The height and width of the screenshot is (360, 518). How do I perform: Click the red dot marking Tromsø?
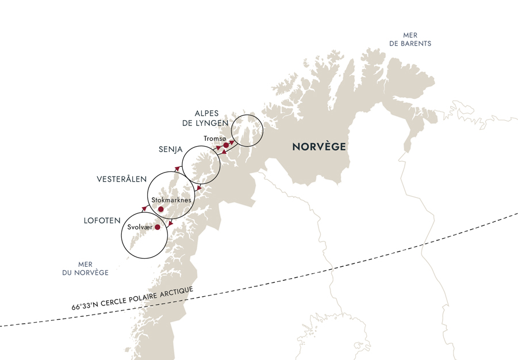click(226, 145)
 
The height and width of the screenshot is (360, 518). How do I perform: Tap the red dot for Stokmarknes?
click(161, 209)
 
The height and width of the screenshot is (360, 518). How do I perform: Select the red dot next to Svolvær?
click(157, 227)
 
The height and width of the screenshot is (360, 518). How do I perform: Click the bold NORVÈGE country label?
click(319, 147)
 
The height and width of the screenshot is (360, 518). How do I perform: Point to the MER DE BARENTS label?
click(410, 39)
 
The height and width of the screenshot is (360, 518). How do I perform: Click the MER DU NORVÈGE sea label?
click(86, 269)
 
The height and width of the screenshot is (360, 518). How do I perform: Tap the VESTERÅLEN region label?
click(121, 180)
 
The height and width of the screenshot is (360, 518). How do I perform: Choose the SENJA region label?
click(171, 150)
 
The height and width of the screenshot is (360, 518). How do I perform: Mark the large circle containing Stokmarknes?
click(170, 196)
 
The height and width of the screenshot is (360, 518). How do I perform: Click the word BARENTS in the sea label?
click(417, 44)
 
